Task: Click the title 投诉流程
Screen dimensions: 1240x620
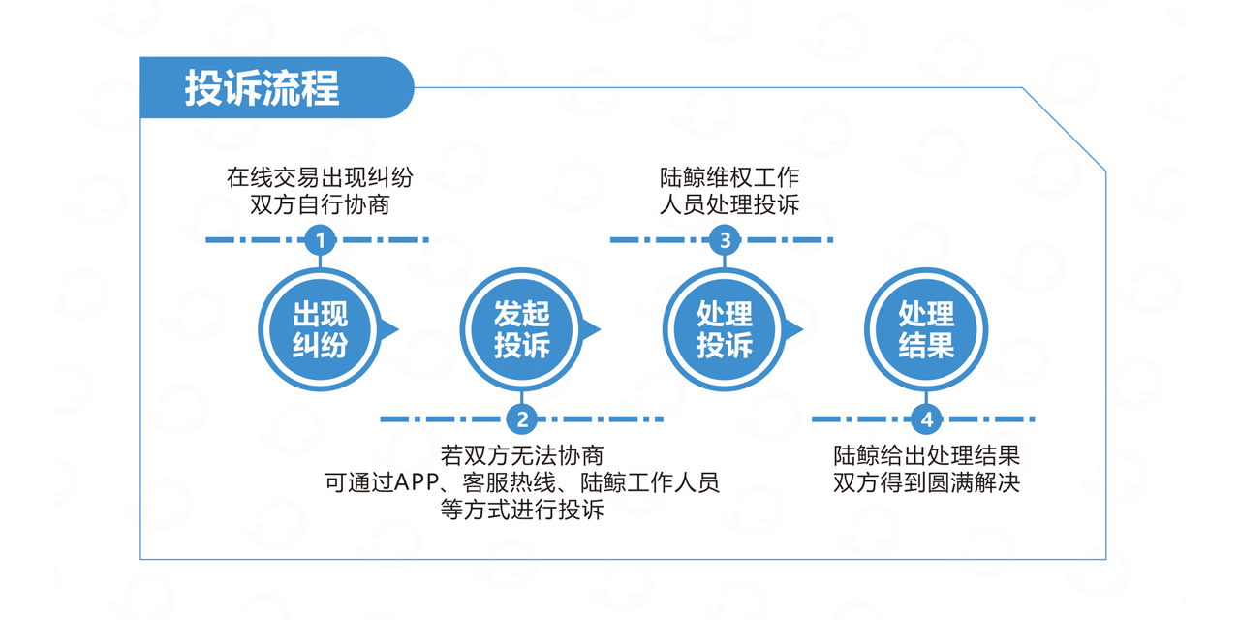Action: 262,87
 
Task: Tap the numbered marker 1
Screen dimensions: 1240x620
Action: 320,240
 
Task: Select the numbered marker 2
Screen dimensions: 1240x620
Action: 522,419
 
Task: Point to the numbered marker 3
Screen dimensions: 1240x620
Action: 725,240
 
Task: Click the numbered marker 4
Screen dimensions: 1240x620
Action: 927,419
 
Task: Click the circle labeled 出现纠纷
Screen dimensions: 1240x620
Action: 320,330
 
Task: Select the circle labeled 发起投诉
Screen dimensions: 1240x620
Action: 522,330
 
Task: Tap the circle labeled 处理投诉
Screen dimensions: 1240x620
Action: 725,330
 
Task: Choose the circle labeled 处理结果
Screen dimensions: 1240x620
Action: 927,330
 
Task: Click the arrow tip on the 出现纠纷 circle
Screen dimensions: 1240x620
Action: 398,330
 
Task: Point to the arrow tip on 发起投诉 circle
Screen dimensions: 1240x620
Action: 601,330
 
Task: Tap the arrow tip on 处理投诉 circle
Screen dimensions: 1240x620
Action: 803,330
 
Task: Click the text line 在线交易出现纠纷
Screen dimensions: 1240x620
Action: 320,177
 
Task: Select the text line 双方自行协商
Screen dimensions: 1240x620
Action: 320,204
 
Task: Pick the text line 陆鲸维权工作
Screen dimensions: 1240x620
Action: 729,177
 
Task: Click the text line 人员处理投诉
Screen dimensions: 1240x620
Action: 729,204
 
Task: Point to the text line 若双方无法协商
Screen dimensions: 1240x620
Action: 522,455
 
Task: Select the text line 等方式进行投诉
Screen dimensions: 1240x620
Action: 522,510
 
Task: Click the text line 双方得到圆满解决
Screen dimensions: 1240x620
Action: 927,482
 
